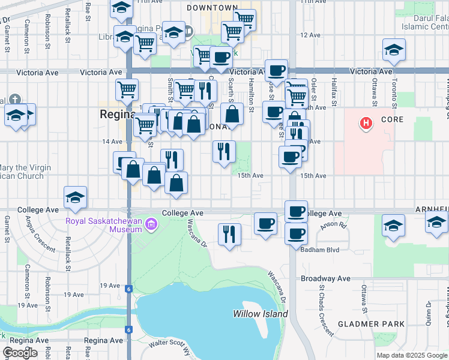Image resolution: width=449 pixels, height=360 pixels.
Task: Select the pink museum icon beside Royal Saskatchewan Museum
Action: (x=152, y=226)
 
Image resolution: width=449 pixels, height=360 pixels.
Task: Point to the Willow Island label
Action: (x=260, y=314)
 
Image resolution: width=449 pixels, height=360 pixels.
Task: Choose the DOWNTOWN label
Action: (x=212, y=8)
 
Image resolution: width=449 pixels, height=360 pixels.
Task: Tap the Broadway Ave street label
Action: (x=326, y=278)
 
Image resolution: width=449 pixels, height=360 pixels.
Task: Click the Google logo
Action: (x=20, y=353)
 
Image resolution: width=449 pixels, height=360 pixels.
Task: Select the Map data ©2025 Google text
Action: (x=412, y=355)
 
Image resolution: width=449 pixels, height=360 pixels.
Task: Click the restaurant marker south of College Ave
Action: (x=229, y=235)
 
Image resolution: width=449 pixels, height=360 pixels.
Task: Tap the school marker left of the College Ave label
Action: (x=76, y=197)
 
